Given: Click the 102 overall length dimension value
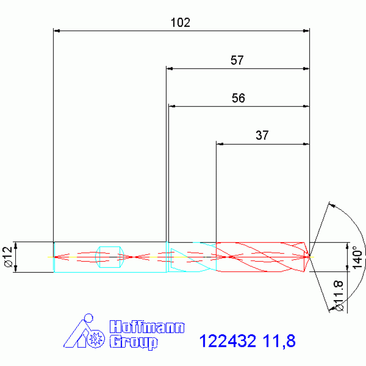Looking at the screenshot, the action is tap(180, 22).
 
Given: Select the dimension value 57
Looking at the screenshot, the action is tap(237, 60).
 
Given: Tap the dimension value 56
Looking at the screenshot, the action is tap(238, 98).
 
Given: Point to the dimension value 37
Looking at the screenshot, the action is tap(262, 136).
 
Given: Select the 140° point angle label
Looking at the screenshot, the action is tap(357, 258).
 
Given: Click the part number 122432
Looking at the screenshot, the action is tap(228, 341).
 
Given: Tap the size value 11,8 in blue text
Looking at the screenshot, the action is tap(279, 341).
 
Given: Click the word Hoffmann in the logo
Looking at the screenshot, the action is tap(147, 327).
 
